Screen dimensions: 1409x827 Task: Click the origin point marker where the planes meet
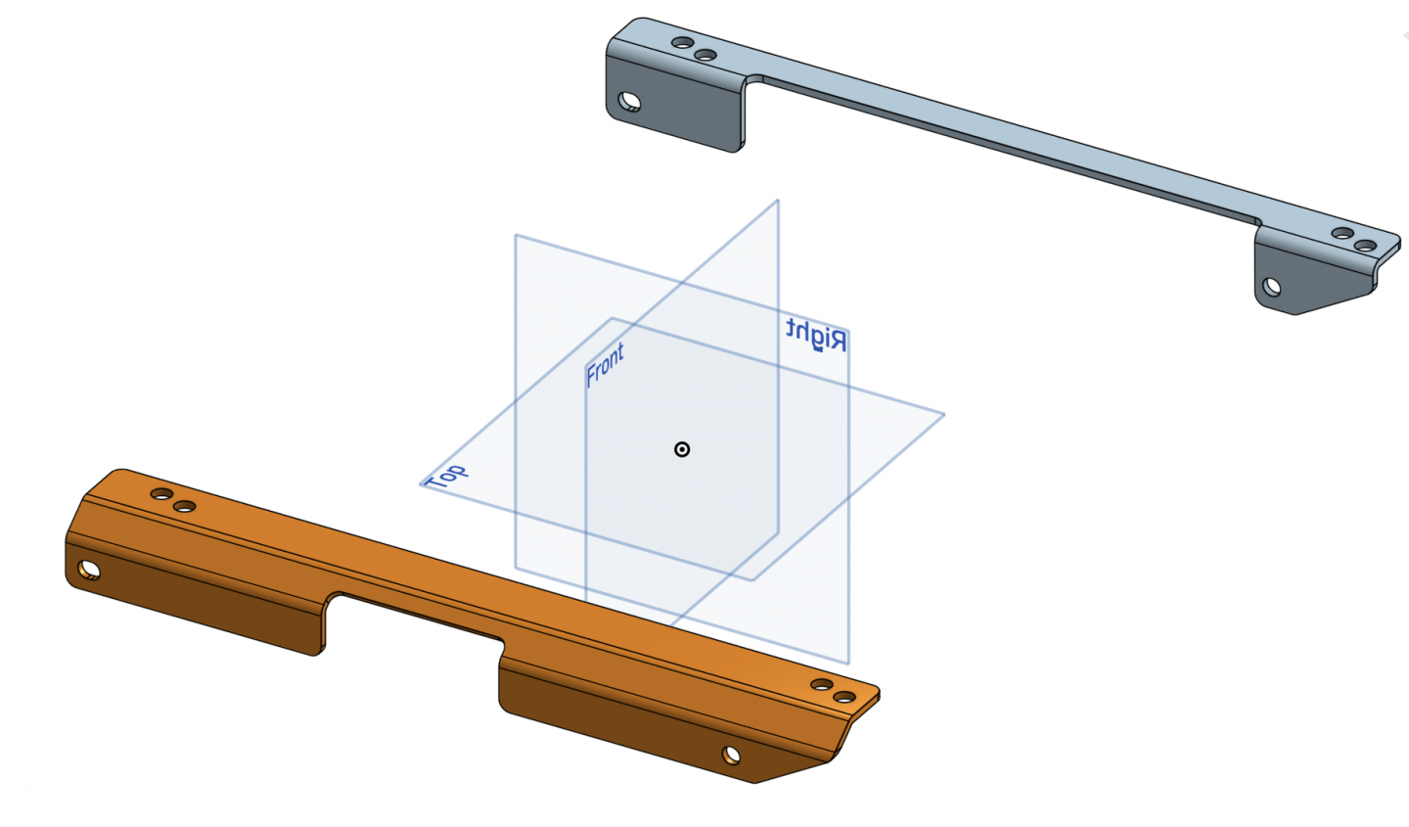(x=682, y=449)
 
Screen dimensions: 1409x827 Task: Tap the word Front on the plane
(x=605, y=364)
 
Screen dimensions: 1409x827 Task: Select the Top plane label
(x=446, y=477)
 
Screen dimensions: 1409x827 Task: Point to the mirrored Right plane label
(x=816, y=334)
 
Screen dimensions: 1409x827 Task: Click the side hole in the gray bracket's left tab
(x=629, y=102)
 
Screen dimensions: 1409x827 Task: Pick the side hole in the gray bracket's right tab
(x=1271, y=287)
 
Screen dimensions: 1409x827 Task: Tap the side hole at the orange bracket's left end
(x=89, y=570)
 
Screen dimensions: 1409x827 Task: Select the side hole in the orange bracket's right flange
(x=731, y=754)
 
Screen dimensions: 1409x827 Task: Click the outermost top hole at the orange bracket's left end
(x=161, y=494)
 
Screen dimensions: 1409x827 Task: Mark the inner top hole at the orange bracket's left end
(x=184, y=507)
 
